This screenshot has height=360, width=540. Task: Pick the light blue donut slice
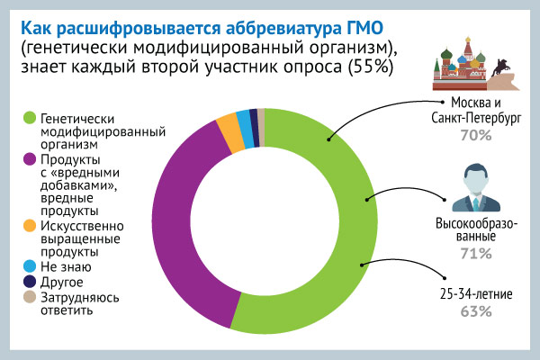[x=245, y=129]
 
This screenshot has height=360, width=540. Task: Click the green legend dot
[x=30, y=118]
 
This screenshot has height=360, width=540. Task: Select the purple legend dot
[x=30, y=159]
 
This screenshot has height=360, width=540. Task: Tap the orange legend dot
[x=30, y=226]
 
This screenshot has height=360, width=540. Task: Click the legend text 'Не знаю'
[x=66, y=266]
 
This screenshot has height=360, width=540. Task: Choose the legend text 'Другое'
[x=62, y=282]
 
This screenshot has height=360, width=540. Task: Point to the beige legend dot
[x=30, y=297]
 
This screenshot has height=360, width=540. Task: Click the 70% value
[x=476, y=135]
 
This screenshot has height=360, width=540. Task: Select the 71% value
[x=476, y=254]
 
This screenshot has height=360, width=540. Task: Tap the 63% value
[x=476, y=311]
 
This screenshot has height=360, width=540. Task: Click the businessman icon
[x=476, y=188]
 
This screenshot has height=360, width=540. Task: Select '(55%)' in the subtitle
[x=371, y=67]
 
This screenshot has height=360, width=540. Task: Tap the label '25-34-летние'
[x=476, y=294]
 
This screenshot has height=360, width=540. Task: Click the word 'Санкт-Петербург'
[x=476, y=118]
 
